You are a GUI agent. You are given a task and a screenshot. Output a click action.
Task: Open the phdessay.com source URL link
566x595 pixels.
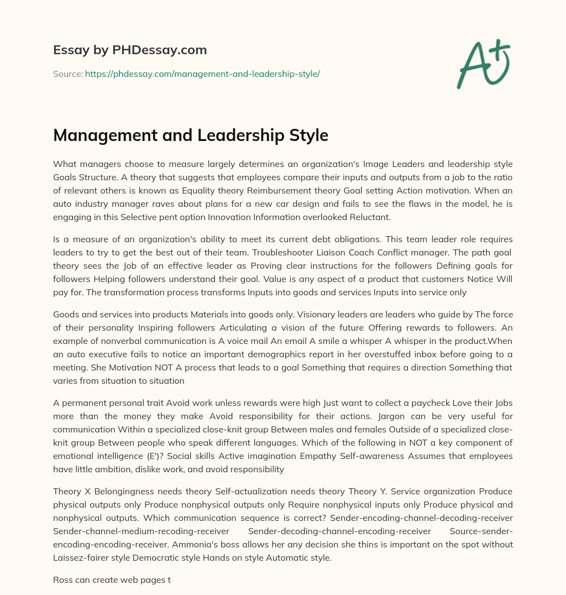(x=202, y=74)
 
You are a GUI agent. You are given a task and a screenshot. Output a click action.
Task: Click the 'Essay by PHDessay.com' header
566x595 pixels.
(x=130, y=50)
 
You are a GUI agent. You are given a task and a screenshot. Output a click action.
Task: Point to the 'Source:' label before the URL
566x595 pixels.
(x=67, y=74)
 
